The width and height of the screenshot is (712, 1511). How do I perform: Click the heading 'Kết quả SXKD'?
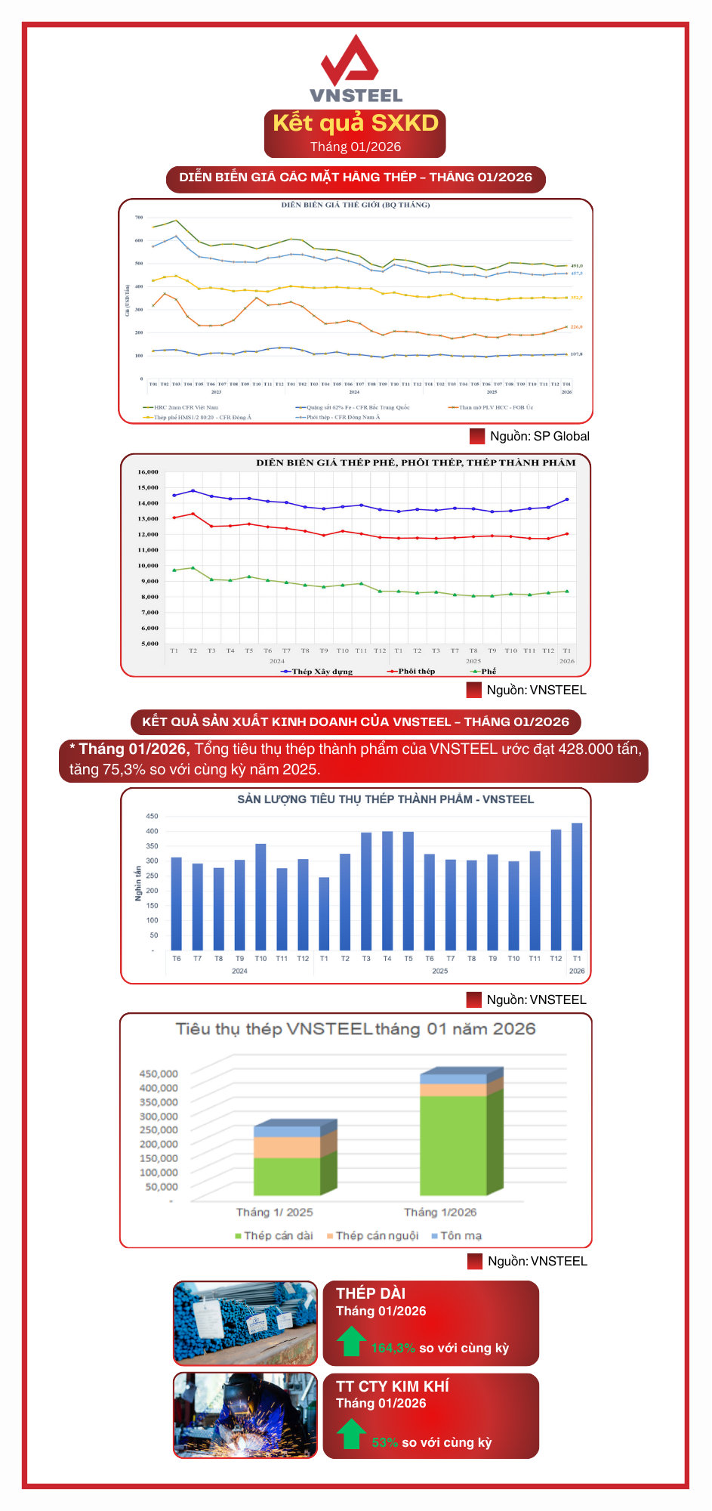click(355, 123)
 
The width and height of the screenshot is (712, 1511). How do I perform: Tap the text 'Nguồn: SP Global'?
click(539, 436)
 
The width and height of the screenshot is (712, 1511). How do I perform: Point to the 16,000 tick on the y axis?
click(148, 472)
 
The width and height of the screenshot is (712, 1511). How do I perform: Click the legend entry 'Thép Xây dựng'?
click(322, 671)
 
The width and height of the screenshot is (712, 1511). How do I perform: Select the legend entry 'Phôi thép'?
click(416, 671)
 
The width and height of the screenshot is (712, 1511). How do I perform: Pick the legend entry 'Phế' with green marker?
click(488, 671)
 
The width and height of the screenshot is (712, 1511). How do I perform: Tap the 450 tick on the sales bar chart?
click(152, 816)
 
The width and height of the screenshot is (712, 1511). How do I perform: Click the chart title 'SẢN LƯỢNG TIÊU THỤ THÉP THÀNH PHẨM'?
click(385, 799)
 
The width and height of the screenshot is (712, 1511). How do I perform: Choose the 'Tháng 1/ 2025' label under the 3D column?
click(274, 1212)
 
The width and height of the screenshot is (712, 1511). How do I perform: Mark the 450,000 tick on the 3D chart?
click(159, 1074)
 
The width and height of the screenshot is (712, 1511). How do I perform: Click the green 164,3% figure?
click(393, 1348)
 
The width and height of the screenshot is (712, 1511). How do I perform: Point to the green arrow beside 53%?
click(351, 1433)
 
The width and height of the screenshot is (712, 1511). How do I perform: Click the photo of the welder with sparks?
click(245, 1415)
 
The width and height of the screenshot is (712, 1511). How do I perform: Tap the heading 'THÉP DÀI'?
click(371, 1293)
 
